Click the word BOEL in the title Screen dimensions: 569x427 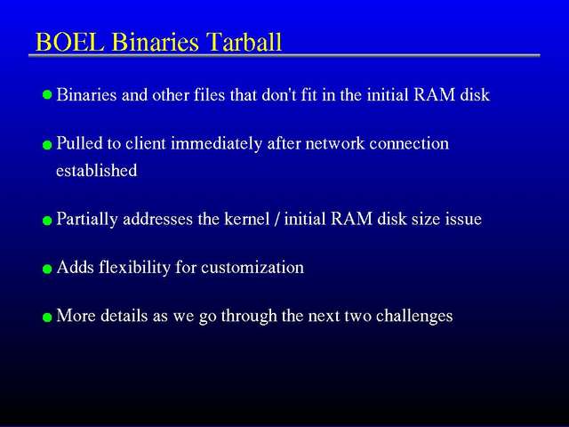(x=69, y=42)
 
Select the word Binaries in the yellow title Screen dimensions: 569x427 (x=155, y=42)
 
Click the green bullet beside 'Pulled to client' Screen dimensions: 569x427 (x=47, y=145)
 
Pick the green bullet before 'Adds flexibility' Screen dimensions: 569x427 (x=47, y=269)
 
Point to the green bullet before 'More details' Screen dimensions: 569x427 (x=47, y=318)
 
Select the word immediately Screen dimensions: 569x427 (x=216, y=144)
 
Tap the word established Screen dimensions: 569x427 (x=97, y=170)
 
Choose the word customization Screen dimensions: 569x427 (x=252, y=267)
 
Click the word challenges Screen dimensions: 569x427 (x=414, y=317)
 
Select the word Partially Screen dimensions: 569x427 (x=87, y=220)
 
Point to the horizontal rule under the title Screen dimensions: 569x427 (x=284, y=55)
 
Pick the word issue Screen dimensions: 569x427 (x=463, y=219)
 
